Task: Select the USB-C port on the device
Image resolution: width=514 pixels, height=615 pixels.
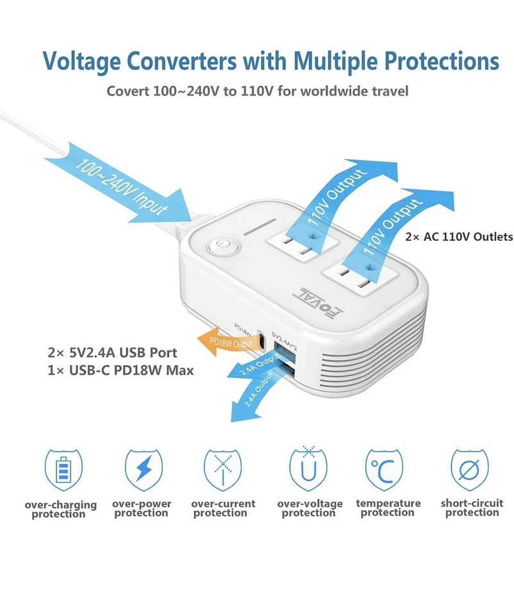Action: (x=261, y=337)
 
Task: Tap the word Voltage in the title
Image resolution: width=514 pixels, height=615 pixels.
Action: (x=81, y=61)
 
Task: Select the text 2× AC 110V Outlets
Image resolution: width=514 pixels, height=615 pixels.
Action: (x=459, y=237)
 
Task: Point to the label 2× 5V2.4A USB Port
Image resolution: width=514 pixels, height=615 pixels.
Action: (x=112, y=353)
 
